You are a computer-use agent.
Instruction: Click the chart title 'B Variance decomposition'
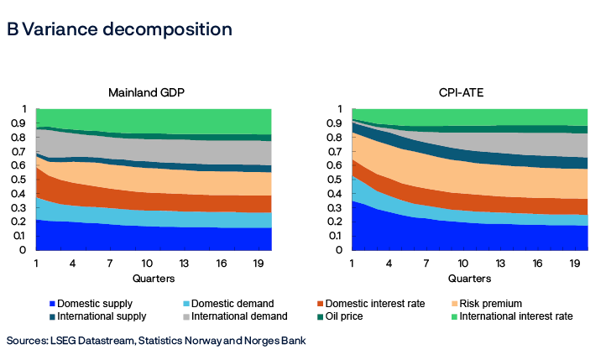click(119, 29)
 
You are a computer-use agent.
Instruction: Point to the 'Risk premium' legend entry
click(510, 303)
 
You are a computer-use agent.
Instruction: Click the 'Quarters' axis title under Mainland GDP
click(153, 278)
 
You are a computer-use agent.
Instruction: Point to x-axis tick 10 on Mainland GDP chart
click(147, 263)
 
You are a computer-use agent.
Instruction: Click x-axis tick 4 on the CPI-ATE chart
click(389, 263)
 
